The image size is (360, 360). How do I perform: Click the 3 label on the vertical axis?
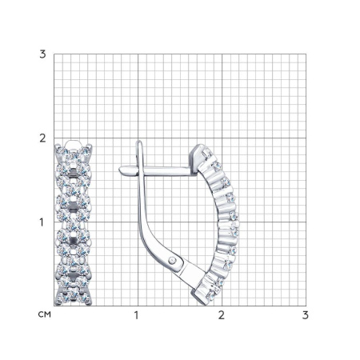[x=42, y=54]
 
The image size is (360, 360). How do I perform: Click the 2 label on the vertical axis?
[x=42, y=138]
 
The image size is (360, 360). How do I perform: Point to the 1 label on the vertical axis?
[x=42, y=222]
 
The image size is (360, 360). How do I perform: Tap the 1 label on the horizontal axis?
[x=137, y=315]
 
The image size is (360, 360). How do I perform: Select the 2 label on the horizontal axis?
[x=222, y=315]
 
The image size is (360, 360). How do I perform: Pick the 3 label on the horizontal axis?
[x=306, y=315]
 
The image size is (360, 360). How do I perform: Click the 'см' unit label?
[x=44, y=314]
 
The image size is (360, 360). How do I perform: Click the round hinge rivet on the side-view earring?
[x=173, y=259]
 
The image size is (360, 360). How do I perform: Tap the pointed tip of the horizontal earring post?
[x=120, y=170]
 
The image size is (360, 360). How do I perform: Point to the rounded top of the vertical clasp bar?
[x=138, y=142]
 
